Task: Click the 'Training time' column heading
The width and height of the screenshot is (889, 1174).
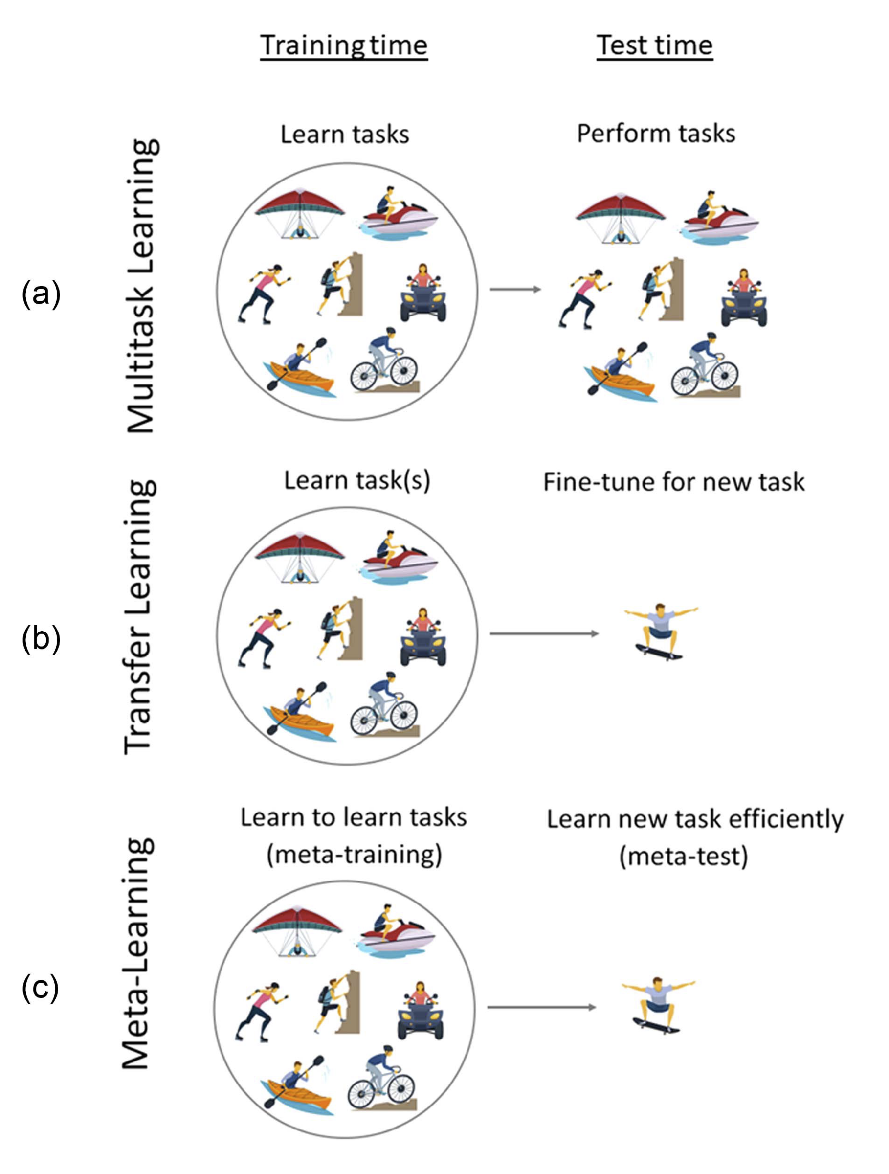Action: pyautogui.click(x=343, y=45)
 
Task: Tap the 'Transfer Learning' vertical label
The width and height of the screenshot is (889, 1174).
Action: pyautogui.click(x=140, y=618)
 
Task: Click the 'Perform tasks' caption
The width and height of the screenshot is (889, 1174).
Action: pyautogui.click(x=656, y=134)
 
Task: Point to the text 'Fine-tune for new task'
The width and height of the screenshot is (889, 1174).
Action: pyautogui.click(x=674, y=482)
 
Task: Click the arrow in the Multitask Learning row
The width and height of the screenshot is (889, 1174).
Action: pyautogui.click(x=515, y=289)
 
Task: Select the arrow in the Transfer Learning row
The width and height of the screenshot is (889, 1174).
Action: pyautogui.click(x=544, y=633)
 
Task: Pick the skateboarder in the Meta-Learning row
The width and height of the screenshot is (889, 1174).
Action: pyautogui.click(x=658, y=1005)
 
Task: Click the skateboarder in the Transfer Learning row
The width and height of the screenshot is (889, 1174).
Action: pyautogui.click(x=660, y=632)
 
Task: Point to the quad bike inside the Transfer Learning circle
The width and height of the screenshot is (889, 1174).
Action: pyautogui.click(x=423, y=637)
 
